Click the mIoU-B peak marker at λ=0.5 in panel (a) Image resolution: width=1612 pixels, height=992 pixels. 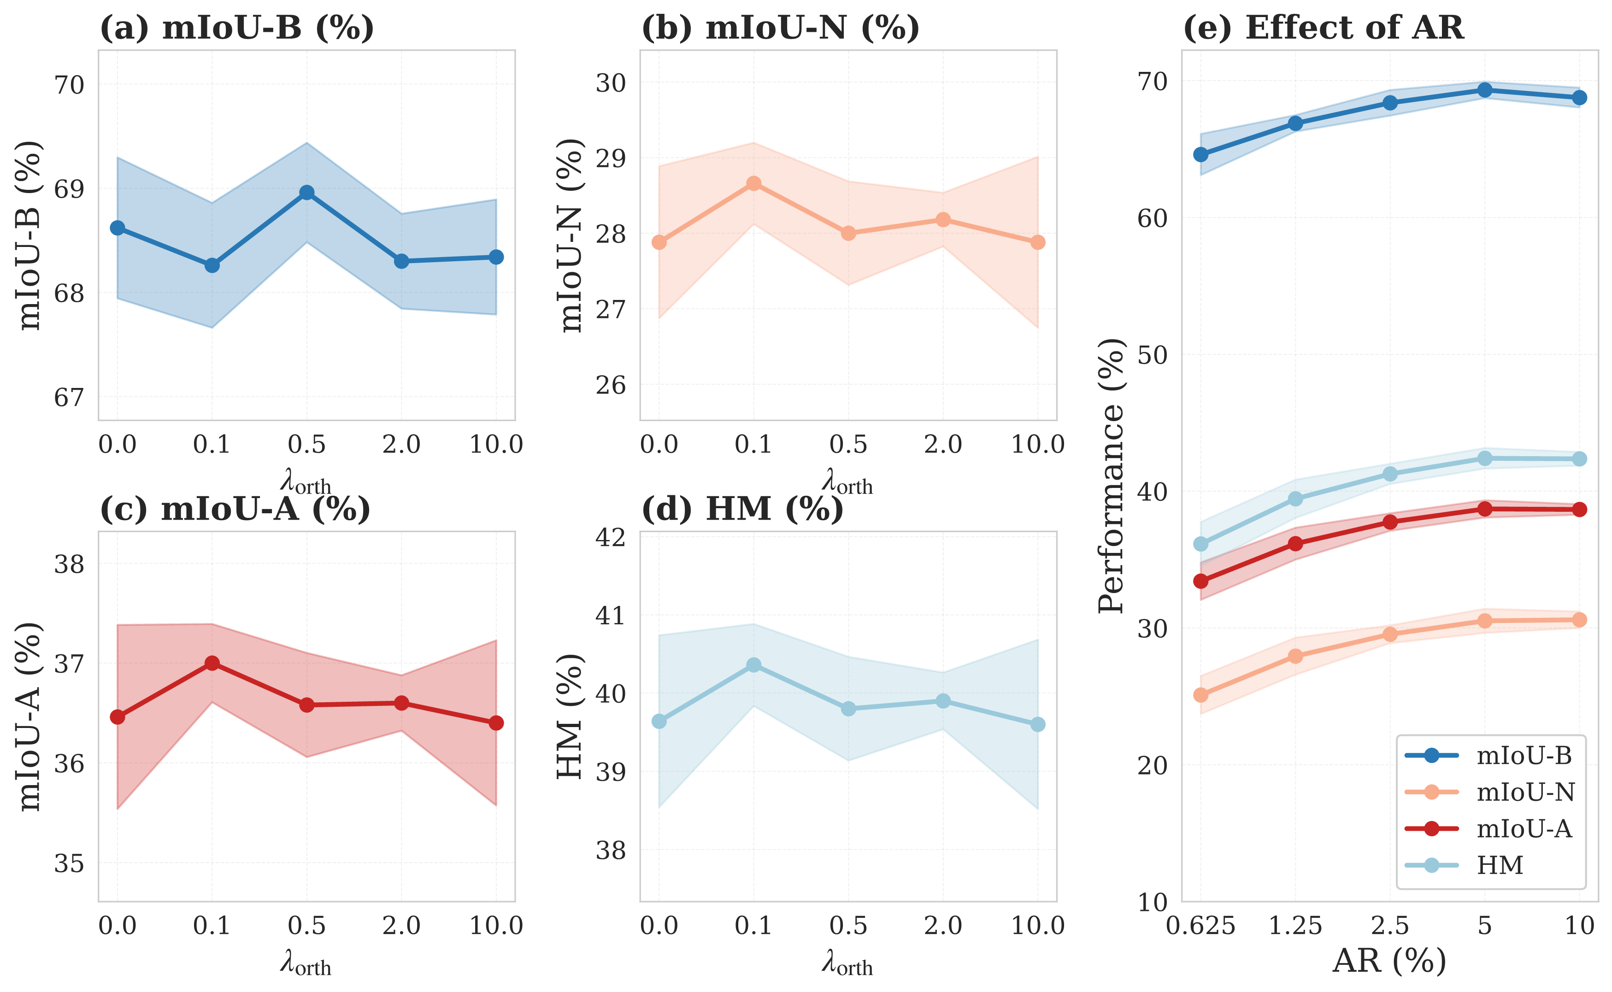click(306, 192)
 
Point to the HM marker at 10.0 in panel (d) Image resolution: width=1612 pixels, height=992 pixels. click(1037, 724)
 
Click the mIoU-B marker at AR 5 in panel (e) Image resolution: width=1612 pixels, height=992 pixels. click(1485, 90)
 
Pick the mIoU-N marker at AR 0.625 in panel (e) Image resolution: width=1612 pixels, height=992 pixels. click(1200, 695)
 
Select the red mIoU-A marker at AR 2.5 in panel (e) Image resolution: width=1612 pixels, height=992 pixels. click(1389, 522)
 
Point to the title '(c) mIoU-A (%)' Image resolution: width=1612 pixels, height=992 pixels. click(235, 509)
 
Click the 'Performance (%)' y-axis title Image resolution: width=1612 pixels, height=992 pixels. click(1112, 475)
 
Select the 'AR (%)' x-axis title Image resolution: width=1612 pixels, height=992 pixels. click(1389, 961)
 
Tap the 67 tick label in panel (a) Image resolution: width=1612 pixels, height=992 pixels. click(69, 398)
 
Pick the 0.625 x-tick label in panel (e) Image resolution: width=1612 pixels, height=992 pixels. click(1200, 926)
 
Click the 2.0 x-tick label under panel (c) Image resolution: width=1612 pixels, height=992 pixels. click(401, 926)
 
